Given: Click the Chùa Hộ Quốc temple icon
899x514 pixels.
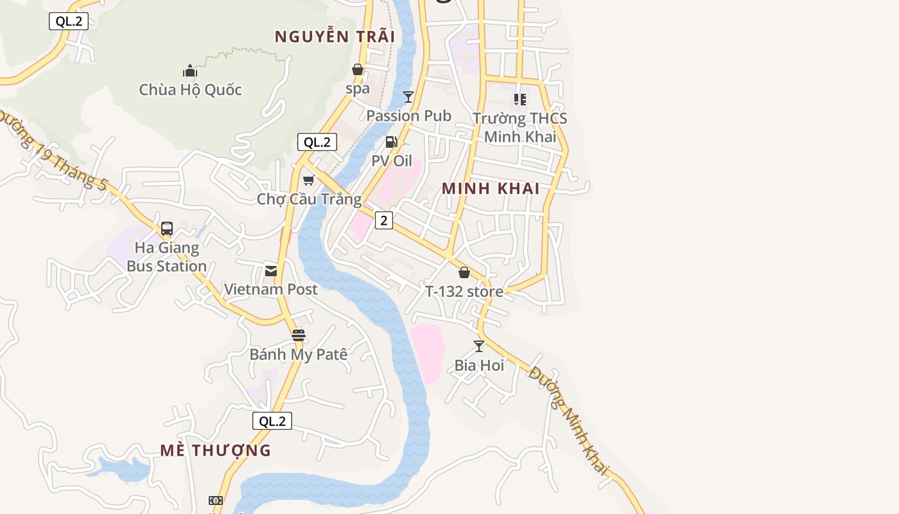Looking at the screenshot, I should [x=189, y=70].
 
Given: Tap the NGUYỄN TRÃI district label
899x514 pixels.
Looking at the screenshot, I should [x=335, y=37].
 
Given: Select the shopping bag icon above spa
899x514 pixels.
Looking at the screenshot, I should [x=358, y=69].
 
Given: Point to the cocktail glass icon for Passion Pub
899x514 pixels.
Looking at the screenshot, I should [x=408, y=97].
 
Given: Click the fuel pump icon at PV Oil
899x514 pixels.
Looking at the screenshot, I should [x=391, y=142].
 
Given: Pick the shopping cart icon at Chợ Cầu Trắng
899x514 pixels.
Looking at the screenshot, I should [x=309, y=181].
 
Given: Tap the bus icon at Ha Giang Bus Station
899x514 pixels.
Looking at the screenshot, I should [x=167, y=228].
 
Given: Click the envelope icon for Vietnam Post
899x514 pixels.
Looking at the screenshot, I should [x=271, y=270].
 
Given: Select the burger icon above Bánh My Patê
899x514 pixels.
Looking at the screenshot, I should [x=298, y=335].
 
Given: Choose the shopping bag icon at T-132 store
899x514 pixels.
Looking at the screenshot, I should [x=464, y=272].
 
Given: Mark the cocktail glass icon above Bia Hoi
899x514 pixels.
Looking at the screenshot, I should [x=479, y=346].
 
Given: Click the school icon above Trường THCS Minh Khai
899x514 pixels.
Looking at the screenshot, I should [x=520, y=100].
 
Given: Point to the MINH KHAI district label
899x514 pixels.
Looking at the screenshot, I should [x=491, y=189].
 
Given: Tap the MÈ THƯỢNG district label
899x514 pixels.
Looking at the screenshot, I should [x=216, y=450].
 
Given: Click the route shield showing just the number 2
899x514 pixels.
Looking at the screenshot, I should [x=384, y=220].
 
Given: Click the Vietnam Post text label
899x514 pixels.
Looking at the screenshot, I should [x=270, y=289].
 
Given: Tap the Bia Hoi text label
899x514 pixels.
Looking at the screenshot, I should [x=479, y=365].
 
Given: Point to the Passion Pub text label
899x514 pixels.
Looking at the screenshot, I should [x=408, y=116].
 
